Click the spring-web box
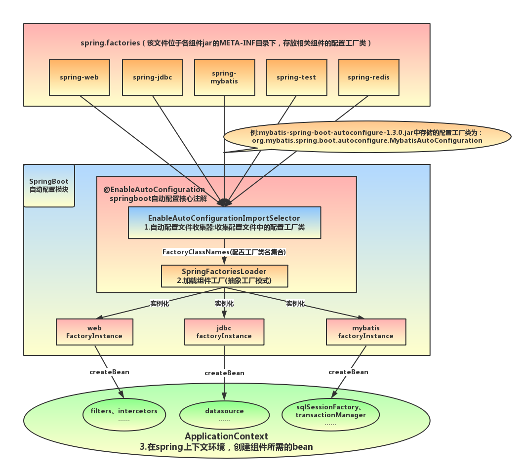coord(79,77)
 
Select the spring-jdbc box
coord(152,77)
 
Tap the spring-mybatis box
coord(224,77)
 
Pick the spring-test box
coord(296,77)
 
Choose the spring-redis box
coord(368,77)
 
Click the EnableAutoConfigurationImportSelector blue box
coord(224,223)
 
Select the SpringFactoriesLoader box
coord(224,276)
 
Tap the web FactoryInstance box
coord(94,332)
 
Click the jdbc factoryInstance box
coord(224,332)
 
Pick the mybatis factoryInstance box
coord(366,332)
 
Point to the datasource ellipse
coord(224,415)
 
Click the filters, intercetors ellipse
coord(124,415)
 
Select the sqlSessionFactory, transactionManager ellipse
coord(330,415)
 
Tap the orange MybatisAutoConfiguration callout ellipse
coord(366,136)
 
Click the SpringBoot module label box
coord(49,186)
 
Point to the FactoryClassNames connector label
coord(224,252)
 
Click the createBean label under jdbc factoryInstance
coord(224,373)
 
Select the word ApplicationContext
coord(226,436)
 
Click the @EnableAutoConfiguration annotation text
coord(154,190)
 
